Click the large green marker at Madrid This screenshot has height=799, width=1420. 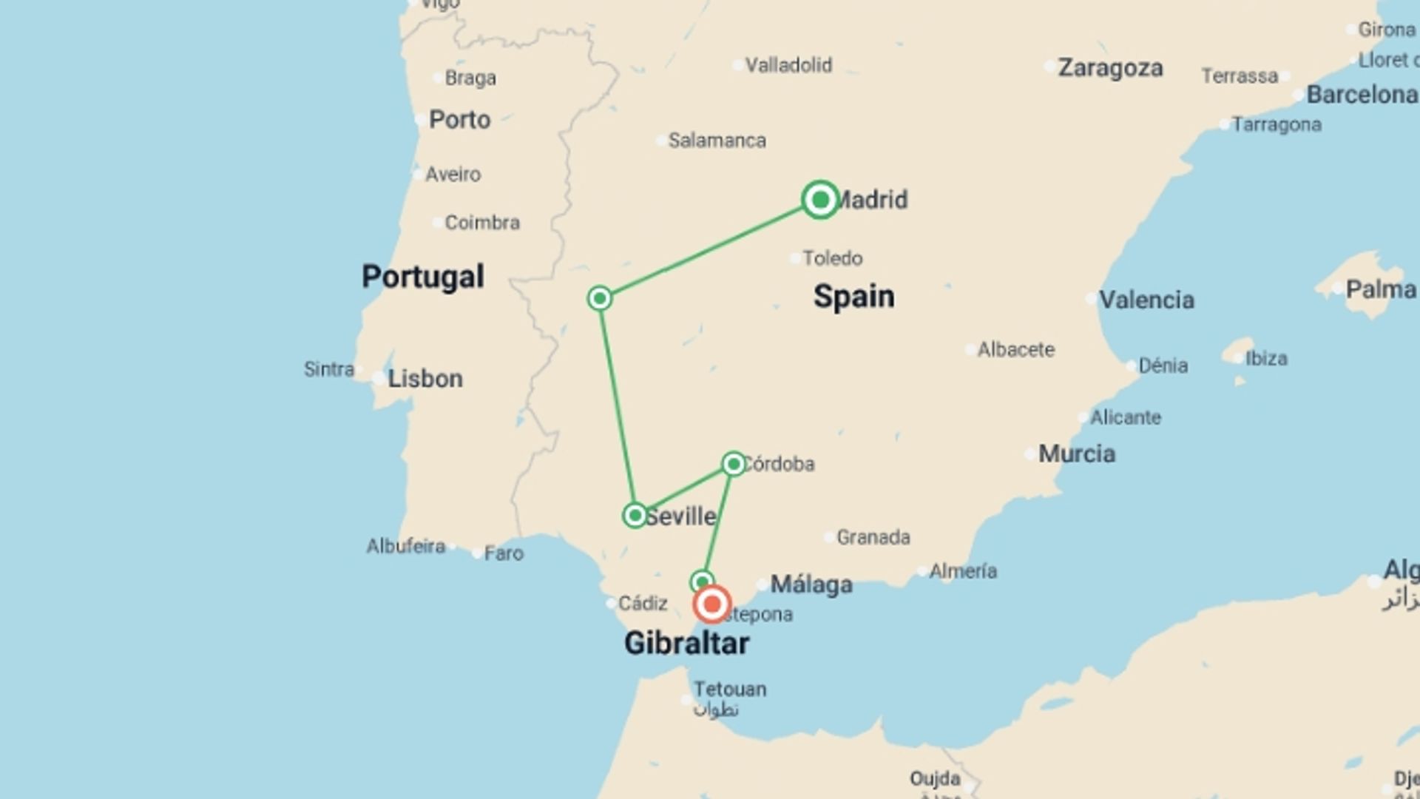819,199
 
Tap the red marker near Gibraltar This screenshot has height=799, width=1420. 711,604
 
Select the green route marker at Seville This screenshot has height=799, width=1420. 635,515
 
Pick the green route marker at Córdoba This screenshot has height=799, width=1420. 733,464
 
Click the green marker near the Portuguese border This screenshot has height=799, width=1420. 600,298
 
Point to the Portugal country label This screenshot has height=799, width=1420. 423,277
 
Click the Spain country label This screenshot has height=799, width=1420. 853,296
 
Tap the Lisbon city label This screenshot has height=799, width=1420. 425,378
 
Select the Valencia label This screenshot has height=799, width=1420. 1146,300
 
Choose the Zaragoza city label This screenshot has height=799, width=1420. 1110,67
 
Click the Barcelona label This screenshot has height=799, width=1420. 1362,95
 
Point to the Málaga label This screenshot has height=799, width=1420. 811,584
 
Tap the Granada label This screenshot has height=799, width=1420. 873,537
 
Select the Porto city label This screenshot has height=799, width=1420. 459,119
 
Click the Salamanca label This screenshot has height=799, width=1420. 717,140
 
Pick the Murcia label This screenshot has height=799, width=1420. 1077,454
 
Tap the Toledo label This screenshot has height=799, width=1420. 833,258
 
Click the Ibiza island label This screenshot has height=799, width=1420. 1266,359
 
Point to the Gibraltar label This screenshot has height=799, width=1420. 686,643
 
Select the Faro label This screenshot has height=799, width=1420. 504,553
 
